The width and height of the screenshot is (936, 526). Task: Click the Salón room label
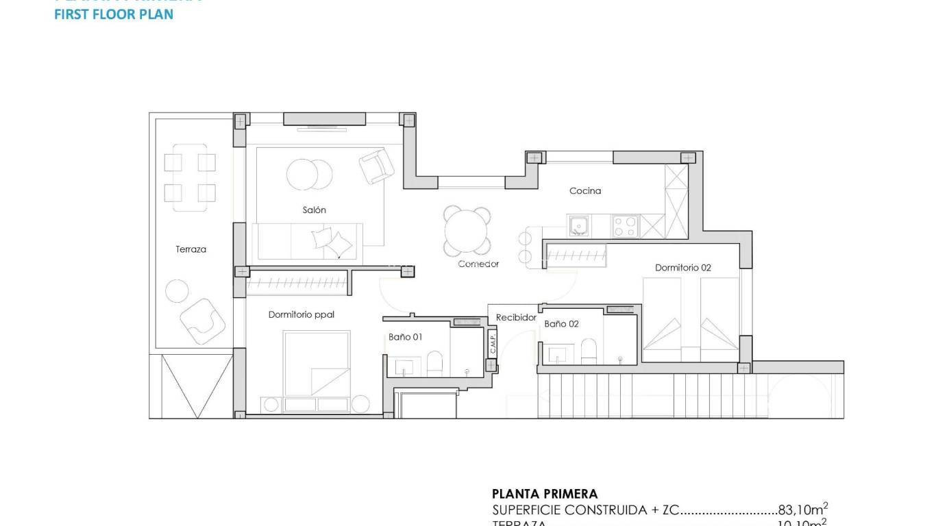point(314,210)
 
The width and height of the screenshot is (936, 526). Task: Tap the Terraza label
point(190,249)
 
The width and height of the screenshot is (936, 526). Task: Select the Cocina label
point(585,191)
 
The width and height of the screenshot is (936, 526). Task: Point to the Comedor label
point(478,264)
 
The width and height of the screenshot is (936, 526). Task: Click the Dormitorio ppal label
point(301,315)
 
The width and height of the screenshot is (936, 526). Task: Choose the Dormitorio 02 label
point(682,268)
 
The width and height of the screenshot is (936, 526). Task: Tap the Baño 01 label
point(406,337)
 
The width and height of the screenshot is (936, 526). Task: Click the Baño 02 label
point(561,324)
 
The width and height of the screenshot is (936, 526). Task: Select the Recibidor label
point(516,318)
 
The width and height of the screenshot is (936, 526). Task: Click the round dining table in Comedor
point(467,231)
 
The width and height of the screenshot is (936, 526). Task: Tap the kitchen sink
point(579,225)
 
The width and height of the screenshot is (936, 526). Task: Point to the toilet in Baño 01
point(435,363)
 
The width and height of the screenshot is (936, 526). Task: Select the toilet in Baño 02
point(589,351)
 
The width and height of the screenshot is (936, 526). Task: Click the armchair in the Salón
point(376,166)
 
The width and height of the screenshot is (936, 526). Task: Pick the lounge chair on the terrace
point(202,321)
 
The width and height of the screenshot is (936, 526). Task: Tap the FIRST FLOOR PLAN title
point(114,14)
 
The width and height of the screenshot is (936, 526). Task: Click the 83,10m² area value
point(803,510)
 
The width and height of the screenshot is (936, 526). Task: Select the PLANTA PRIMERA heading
point(544,494)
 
